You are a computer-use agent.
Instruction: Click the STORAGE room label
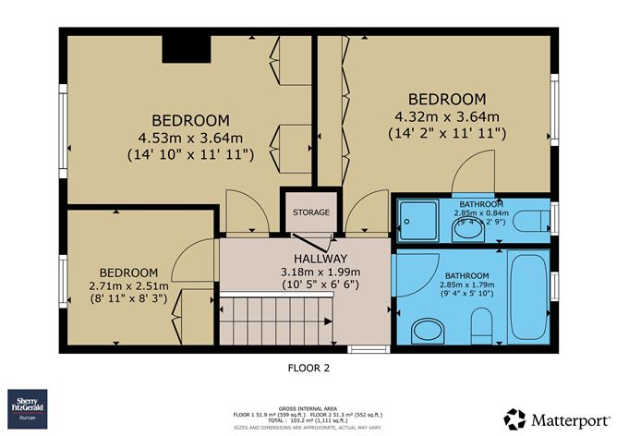click(x=311, y=212)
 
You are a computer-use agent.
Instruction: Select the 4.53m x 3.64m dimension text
click(x=190, y=139)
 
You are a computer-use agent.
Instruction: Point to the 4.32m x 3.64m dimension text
click(x=447, y=116)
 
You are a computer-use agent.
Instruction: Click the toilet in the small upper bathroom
click(x=530, y=221)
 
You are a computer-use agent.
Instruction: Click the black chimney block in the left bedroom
click(x=181, y=50)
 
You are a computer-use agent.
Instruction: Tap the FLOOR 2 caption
click(x=309, y=367)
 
